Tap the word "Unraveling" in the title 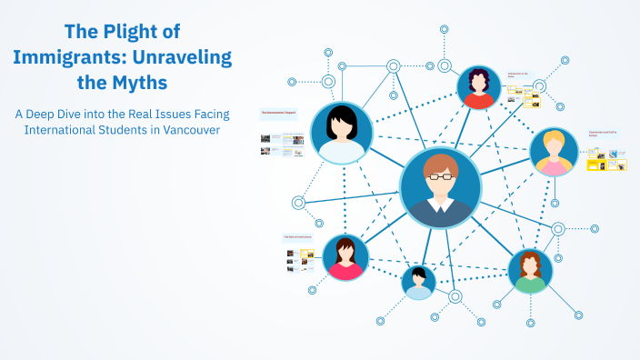178,57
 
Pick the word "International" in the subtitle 62,130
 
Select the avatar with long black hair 342,133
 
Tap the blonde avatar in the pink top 554,152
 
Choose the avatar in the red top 479,88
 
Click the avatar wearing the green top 530,272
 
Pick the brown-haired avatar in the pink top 345,257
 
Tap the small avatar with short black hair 418,282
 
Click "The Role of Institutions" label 297,236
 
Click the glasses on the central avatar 440,178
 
